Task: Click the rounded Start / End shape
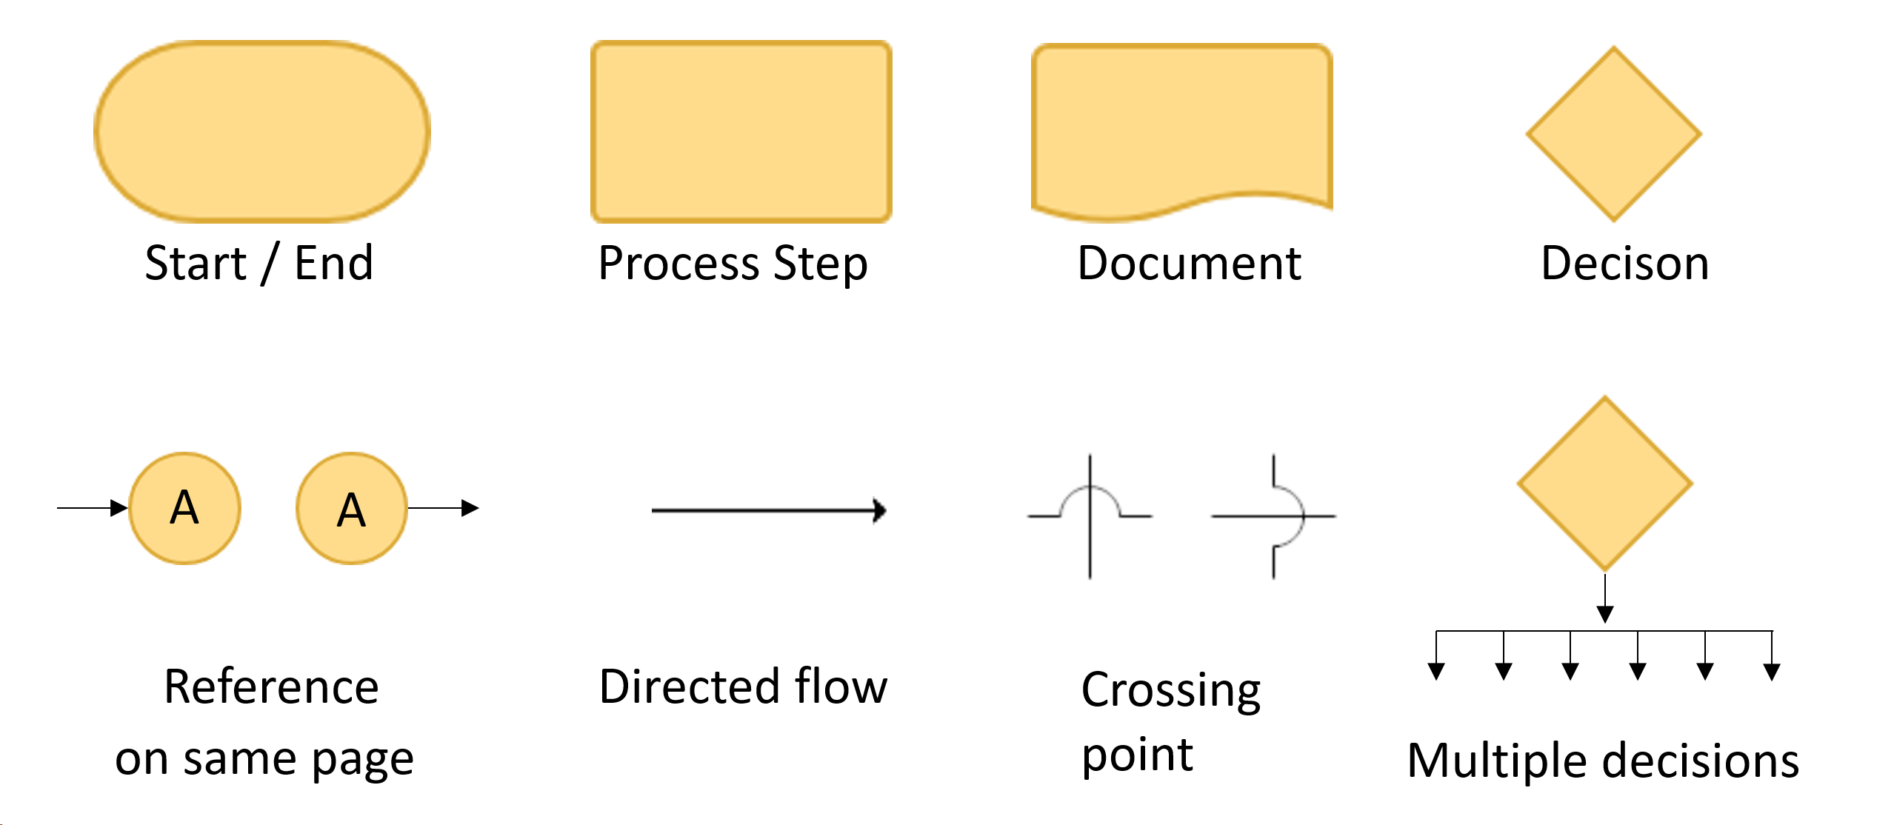click(262, 131)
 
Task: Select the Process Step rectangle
click(741, 131)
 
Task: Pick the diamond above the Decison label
click(1613, 134)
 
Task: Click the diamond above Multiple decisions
click(1604, 484)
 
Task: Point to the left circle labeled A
click(184, 508)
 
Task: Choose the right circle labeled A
click(351, 508)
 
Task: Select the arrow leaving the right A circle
click(443, 508)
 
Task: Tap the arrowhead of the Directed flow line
click(879, 510)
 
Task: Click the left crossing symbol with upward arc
click(1090, 515)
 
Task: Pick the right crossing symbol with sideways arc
click(1273, 515)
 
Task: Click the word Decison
click(1624, 263)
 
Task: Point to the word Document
click(1189, 263)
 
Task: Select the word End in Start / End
click(333, 263)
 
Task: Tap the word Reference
click(271, 687)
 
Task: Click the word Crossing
click(1170, 691)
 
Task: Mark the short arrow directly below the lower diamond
click(1604, 598)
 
